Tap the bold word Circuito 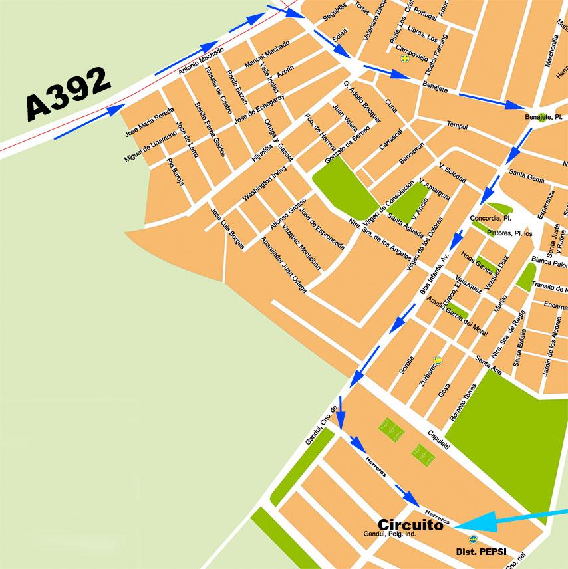tap(410, 525)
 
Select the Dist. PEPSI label tap(478, 552)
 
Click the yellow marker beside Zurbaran tap(438, 360)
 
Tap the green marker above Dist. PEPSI tap(473, 540)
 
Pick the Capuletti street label tap(438, 437)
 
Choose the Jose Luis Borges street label tap(227, 229)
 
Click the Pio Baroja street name tap(175, 171)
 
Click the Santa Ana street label tap(488, 365)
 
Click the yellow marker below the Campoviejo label tap(403, 58)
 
